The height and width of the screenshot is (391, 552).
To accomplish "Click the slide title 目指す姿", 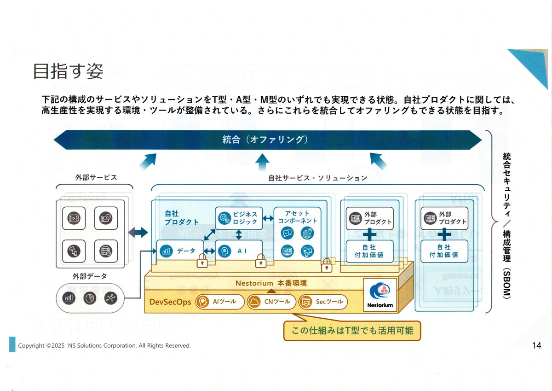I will [68, 71].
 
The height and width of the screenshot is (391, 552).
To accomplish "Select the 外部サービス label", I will [96, 177].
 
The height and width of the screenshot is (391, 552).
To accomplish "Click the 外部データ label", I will [90, 276].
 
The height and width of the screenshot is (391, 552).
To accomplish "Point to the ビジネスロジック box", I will [239, 218].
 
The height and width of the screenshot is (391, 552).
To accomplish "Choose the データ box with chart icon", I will [180, 251].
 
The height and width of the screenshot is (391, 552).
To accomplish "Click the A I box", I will [239, 251].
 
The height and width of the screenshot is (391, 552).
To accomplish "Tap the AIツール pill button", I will [220, 302].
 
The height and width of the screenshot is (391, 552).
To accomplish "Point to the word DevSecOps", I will [170, 302].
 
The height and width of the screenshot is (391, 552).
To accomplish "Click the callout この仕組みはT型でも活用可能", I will [352, 331].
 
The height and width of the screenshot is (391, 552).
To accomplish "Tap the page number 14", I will [536, 345].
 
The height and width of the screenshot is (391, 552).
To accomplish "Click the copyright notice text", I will [104, 345].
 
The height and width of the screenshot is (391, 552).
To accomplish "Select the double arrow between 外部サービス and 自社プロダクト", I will [138, 233].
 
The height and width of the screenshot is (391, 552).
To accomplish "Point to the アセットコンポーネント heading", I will [297, 217].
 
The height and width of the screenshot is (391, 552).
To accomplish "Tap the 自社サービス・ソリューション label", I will [318, 178].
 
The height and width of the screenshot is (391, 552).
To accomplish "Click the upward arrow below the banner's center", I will [263, 162].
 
